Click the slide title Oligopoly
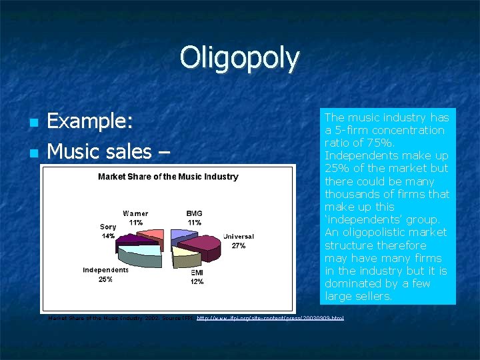(239, 58)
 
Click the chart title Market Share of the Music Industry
(168, 177)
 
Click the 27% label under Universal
(239, 246)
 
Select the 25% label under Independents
(105, 279)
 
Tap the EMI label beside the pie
(197, 273)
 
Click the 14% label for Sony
(108, 236)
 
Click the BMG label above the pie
(195, 213)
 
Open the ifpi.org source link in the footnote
(271, 319)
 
